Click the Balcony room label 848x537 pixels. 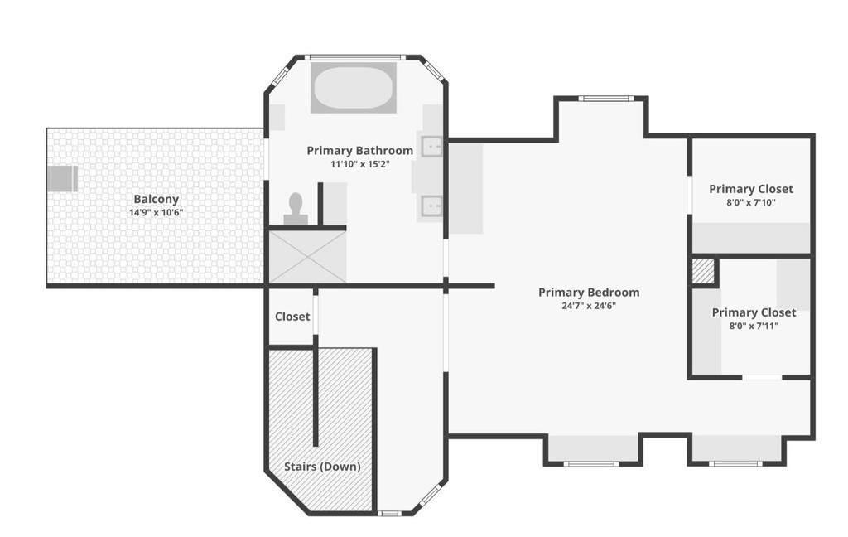pyautogui.click(x=156, y=199)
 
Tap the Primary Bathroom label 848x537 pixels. pyautogui.click(x=359, y=151)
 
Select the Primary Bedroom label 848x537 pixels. pyautogui.click(x=589, y=293)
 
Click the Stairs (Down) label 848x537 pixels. pyautogui.click(x=322, y=466)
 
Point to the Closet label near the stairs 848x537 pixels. pyautogui.click(x=292, y=317)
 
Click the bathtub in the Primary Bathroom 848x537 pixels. pyautogui.click(x=353, y=88)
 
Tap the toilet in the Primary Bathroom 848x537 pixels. pyautogui.click(x=296, y=209)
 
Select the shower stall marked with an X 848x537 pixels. pyautogui.click(x=308, y=257)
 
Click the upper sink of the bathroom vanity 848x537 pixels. pyautogui.click(x=431, y=146)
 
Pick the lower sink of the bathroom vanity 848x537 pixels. pyautogui.click(x=431, y=206)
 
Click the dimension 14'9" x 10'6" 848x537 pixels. pyautogui.click(x=156, y=213)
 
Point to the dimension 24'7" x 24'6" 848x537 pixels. pyautogui.click(x=589, y=306)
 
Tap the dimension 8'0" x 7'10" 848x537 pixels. pyautogui.click(x=751, y=202)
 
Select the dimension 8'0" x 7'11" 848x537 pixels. pyautogui.click(x=754, y=326)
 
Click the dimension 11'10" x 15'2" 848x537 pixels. pyautogui.click(x=360, y=163)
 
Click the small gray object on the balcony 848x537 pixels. pyautogui.click(x=62, y=179)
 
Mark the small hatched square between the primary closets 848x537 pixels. pyautogui.click(x=704, y=271)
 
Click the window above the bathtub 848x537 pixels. pyautogui.click(x=354, y=57)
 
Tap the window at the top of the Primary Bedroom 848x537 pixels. pyautogui.click(x=605, y=99)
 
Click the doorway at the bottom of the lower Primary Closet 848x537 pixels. pyautogui.click(x=762, y=377)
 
